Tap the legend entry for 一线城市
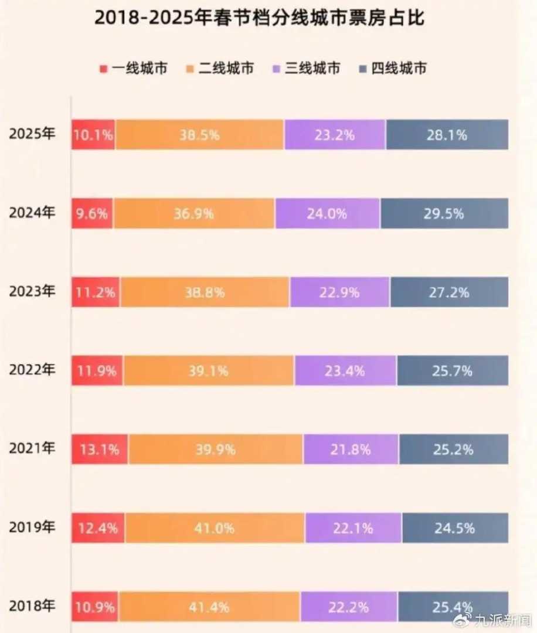click(x=134, y=69)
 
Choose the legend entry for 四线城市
click(x=392, y=69)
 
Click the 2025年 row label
click(x=32, y=134)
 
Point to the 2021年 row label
click(x=32, y=449)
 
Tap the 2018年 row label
click(x=32, y=606)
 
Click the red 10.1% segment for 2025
click(x=94, y=135)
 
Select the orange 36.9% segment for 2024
click(x=193, y=213)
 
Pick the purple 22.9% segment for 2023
click(x=339, y=292)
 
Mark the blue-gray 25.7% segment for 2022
click(x=452, y=370)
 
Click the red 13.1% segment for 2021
click(x=100, y=450)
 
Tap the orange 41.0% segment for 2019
click(x=214, y=528)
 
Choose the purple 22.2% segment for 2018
click(x=349, y=607)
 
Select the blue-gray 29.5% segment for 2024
click(x=444, y=213)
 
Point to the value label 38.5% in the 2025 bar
click(x=199, y=135)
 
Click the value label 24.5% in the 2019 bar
click(x=454, y=528)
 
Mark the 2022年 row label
click(x=32, y=370)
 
